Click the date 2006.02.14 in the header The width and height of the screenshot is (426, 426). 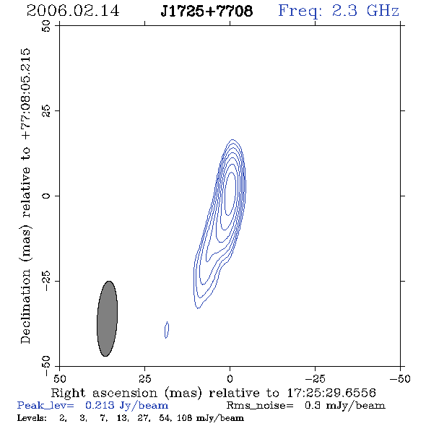[73, 11]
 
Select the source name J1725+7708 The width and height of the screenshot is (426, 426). [207, 12]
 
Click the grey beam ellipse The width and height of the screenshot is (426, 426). [108, 318]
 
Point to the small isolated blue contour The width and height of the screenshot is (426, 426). [167, 330]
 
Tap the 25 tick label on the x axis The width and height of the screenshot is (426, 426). [145, 378]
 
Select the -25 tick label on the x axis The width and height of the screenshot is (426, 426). [315, 378]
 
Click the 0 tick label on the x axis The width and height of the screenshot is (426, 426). [230, 378]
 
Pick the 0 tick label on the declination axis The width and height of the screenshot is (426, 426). [46, 196]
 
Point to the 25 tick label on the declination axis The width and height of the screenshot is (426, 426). [46, 111]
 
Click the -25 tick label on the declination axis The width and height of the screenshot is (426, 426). [46, 281]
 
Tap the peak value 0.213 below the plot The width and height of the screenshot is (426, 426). [100, 405]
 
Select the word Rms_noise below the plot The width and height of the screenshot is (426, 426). [260, 406]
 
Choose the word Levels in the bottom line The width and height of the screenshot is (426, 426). [32, 417]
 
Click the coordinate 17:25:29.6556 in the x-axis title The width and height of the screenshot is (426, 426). [331, 393]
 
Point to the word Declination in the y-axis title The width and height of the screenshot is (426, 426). [25, 306]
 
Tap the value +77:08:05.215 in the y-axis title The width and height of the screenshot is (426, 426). [25, 95]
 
